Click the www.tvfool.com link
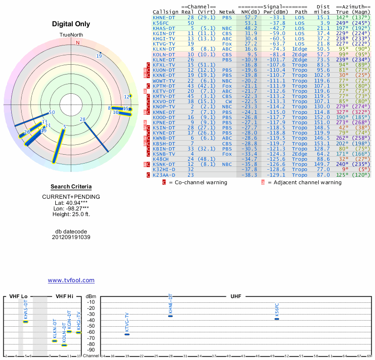71,280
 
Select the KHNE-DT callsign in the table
164,17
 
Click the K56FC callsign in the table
161,22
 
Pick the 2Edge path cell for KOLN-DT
300,54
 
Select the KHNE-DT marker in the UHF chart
171,316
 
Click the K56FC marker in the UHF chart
277,319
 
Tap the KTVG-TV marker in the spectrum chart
127,334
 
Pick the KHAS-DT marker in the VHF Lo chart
26,322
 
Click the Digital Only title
71,24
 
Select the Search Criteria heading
71,187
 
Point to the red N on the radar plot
78,43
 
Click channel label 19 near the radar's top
99,56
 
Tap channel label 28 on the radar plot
82,119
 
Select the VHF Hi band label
64,297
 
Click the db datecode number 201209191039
71,237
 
